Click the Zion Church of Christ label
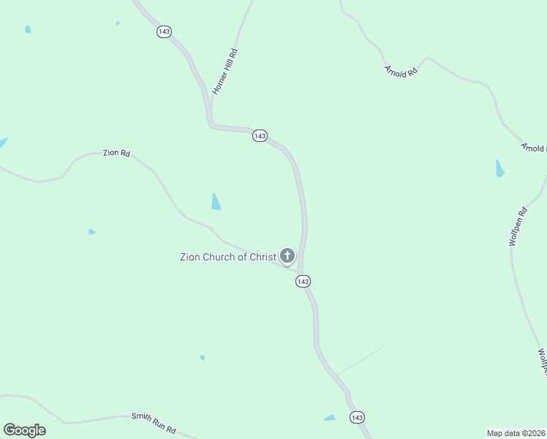point(228,257)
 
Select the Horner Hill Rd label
point(225,71)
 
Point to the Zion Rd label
point(116,153)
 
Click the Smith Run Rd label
point(154,422)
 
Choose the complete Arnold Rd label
point(400,72)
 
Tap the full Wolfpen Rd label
point(518,228)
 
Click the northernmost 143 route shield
point(164,32)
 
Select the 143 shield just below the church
point(303,282)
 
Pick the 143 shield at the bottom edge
point(356,417)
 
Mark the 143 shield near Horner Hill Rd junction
point(260,136)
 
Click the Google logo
point(25,429)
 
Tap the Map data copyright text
point(516,433)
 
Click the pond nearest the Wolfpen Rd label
point(500,169)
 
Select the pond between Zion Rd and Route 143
point(216,202)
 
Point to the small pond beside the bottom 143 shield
point(330,418)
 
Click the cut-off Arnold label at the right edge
point(533,148)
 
